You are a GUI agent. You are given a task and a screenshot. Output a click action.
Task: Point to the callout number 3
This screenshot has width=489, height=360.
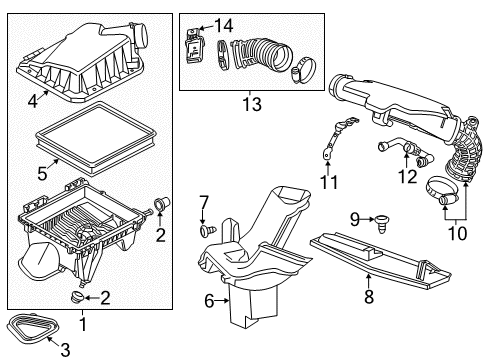tap(66, 347)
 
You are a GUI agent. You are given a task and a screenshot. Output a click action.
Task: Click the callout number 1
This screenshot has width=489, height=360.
tap(84, 324)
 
